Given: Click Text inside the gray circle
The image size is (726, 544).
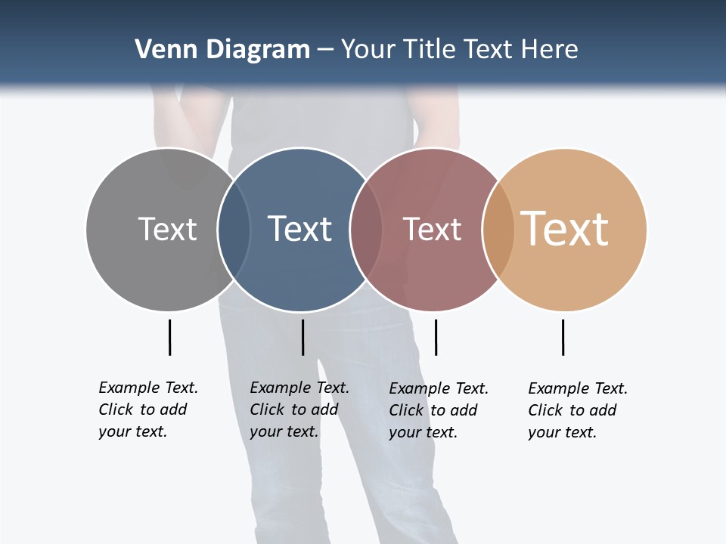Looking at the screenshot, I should (167, 229).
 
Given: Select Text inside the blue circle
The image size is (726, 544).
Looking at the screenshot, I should (300, 229).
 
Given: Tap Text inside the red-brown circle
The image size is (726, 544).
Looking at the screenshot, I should (432, 229).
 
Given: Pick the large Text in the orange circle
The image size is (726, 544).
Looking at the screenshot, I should (565, 229).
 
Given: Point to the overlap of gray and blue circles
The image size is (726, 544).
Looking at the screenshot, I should (234, 230).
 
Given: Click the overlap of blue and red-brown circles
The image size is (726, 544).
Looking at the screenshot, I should (366, 230).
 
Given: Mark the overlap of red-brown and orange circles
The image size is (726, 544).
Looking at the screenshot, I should (498, 230).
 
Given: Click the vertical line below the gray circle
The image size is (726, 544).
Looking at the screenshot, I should (170, 337).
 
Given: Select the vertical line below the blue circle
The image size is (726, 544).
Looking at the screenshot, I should (302, 337).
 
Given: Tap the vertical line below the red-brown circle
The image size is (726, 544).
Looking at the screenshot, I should (436, 337).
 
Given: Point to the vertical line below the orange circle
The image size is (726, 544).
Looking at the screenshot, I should (563, 337).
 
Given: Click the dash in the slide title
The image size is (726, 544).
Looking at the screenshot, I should (326, 51).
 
